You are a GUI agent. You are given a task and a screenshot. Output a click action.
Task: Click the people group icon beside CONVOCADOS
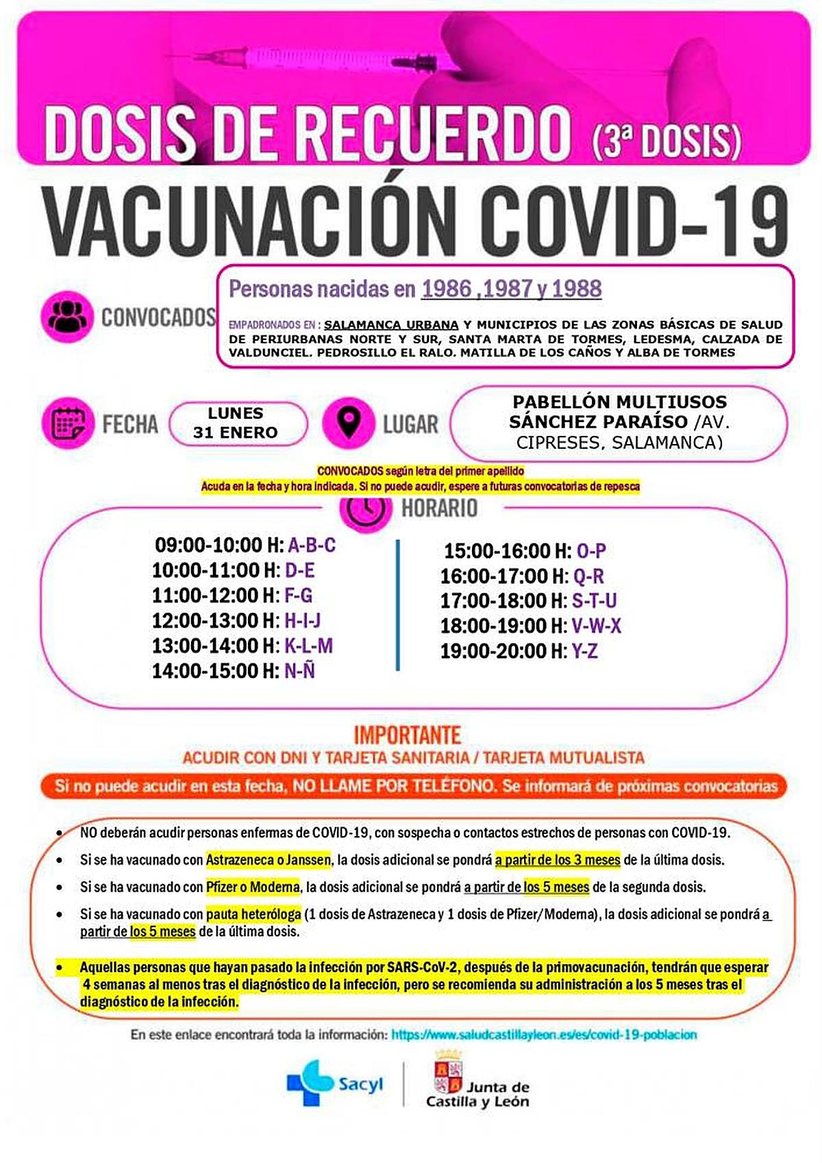(66, 316)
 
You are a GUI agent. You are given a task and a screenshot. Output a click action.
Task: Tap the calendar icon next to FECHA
(67, 422)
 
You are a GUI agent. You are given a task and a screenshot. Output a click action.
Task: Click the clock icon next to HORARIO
(365, 510)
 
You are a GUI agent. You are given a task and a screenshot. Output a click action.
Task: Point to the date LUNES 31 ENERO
(236, 423)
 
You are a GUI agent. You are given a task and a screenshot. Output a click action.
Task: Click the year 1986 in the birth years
(446, 289)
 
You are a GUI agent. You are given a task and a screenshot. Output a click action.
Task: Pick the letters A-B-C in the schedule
(312, 546)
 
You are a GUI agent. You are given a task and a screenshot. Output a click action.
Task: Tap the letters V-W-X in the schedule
(597, 626)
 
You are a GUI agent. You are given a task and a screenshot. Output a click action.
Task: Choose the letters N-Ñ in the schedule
(300, 671)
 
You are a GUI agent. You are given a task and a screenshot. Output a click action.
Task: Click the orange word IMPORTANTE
(408, 735)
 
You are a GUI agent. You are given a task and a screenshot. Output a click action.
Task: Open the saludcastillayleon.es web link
(544, 1034)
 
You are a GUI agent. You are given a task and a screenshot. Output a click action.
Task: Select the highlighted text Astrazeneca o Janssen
(269, 859)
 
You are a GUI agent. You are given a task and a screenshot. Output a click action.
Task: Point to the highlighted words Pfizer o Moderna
(253, 887)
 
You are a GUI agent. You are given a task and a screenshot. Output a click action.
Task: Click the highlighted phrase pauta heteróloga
(253, 914)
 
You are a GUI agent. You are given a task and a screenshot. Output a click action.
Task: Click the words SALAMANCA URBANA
(391, 324)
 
